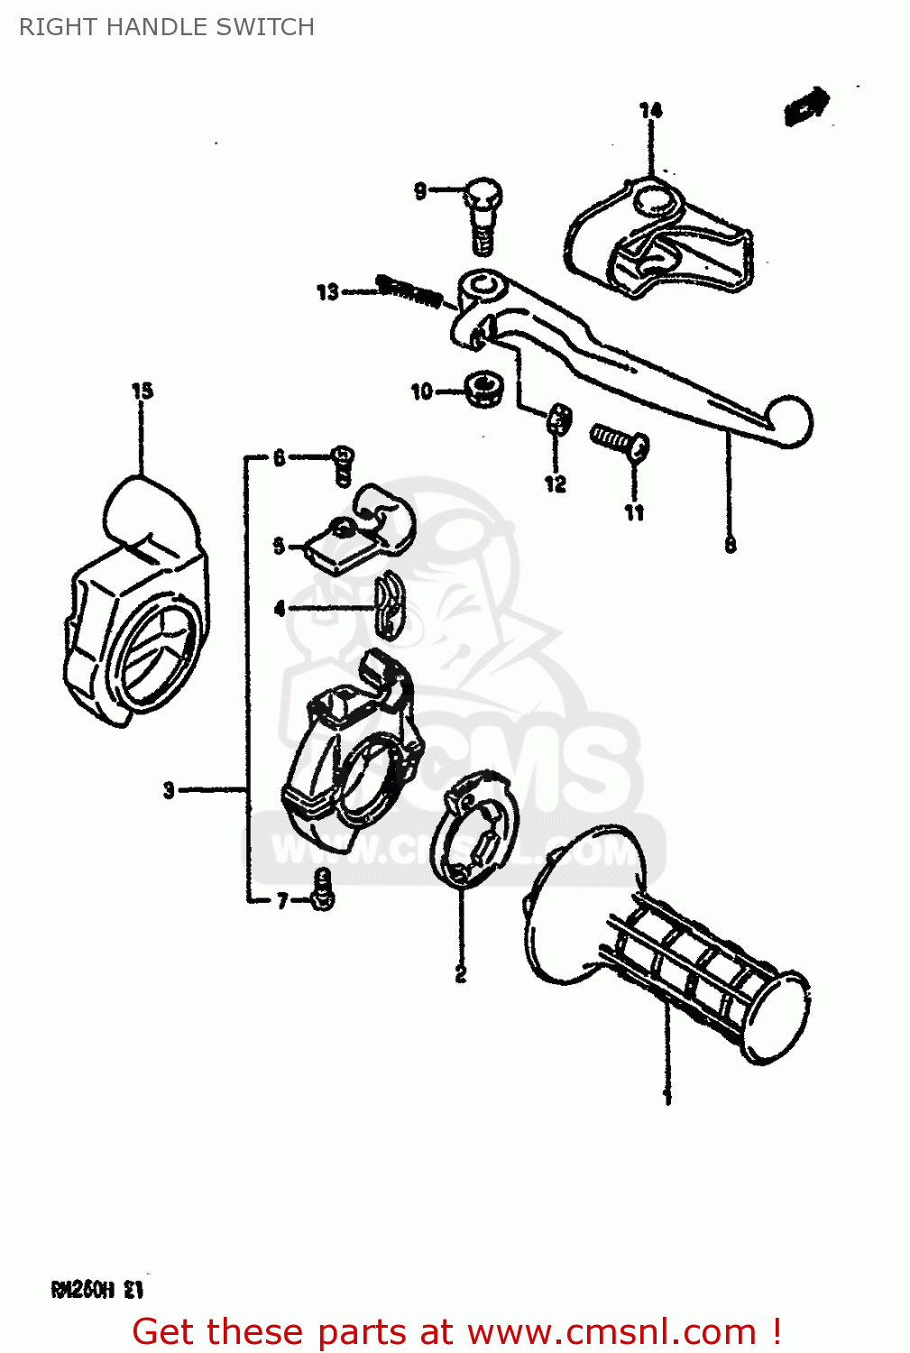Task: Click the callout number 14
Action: coord(650,110)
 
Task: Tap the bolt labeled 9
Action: coord(482,213)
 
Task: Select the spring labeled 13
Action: coord(409,290)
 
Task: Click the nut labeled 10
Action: coord(483,389)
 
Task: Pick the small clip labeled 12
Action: coord(558,418)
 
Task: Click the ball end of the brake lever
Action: coord(788,421)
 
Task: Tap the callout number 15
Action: coord(142,391)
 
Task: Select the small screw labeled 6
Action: coord(343,464)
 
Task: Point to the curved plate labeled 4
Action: coord(389,605)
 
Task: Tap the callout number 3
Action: coord(169,790)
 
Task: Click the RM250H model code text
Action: coord(97,1290)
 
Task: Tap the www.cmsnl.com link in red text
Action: coord(611,1331)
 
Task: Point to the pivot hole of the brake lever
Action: coord(480,290)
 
